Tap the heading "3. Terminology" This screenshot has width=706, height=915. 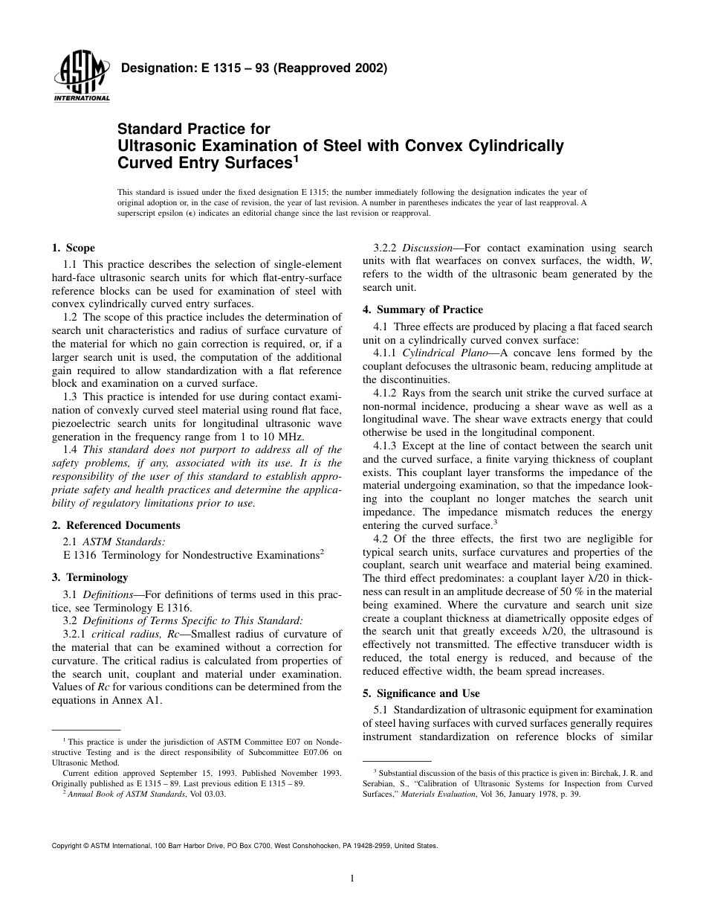click(x=89, y=577)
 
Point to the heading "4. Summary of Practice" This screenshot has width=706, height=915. click(x=422, y=309)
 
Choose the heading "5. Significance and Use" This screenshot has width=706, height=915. click(x=421, y=693)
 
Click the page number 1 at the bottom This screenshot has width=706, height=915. click(x=352, y=879)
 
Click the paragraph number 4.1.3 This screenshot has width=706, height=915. click(x=387, y=446)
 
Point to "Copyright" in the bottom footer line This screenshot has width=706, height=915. click(x=65, y=846)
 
